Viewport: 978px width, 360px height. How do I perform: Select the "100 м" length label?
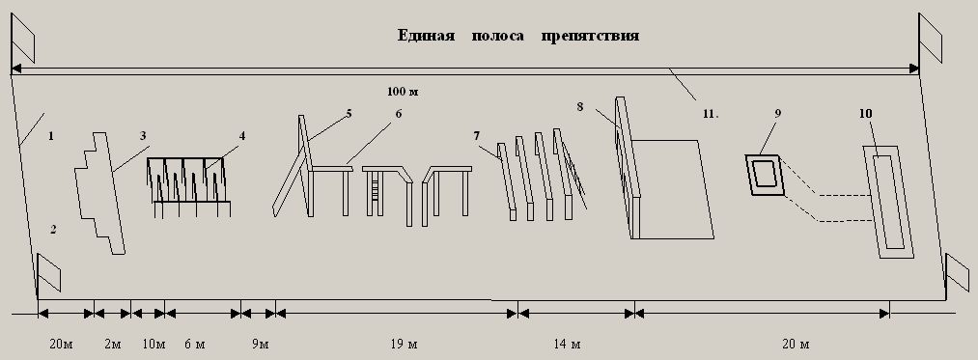click(x=403, y=93)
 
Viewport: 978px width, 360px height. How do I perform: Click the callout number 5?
click(x=349, y=114)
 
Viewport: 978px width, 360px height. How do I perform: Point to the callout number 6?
click(x=399, y=114)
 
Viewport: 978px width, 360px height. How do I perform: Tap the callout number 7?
click(x=476, y=135)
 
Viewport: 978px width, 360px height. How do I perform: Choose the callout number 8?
click(x=580, y=107)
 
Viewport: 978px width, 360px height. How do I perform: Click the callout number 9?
click(x=778, y=113)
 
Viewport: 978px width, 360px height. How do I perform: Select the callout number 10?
click(x=865, y=114)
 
